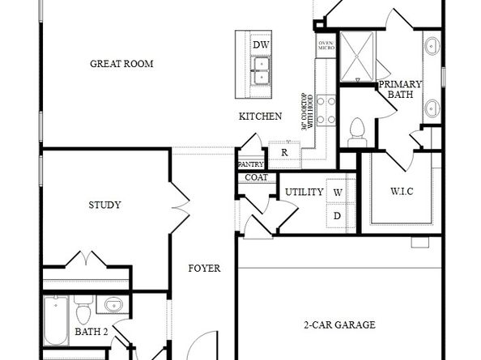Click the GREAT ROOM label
click(122, 63)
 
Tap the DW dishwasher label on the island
click(261, 44)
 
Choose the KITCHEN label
click(260, 116)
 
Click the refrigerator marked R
click(284, 152)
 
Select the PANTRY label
click(251, 164)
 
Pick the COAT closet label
click(256, 177)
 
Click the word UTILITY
click(304, 192)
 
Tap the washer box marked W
click(338, 193)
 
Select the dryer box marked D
click(338, 216)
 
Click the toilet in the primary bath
click(356, 131)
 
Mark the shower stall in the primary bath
click(356, 56)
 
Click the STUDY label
click(104, 205)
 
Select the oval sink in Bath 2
click(112, 306)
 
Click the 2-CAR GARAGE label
click(339, 325)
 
